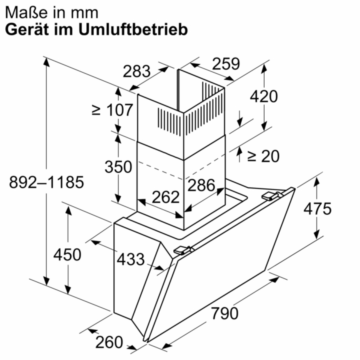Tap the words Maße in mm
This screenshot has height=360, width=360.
52,13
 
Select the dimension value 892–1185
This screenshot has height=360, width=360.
46,182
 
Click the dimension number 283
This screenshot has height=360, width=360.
136,71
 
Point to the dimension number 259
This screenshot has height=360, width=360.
226,64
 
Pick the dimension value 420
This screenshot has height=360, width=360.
264,97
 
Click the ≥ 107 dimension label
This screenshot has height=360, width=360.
112,110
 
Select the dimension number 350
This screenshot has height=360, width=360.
118,167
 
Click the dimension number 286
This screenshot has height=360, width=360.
201,185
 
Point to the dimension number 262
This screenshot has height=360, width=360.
166,197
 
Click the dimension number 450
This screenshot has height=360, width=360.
67,254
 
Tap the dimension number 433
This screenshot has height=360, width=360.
131,259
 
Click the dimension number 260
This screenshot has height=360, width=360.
109,342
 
